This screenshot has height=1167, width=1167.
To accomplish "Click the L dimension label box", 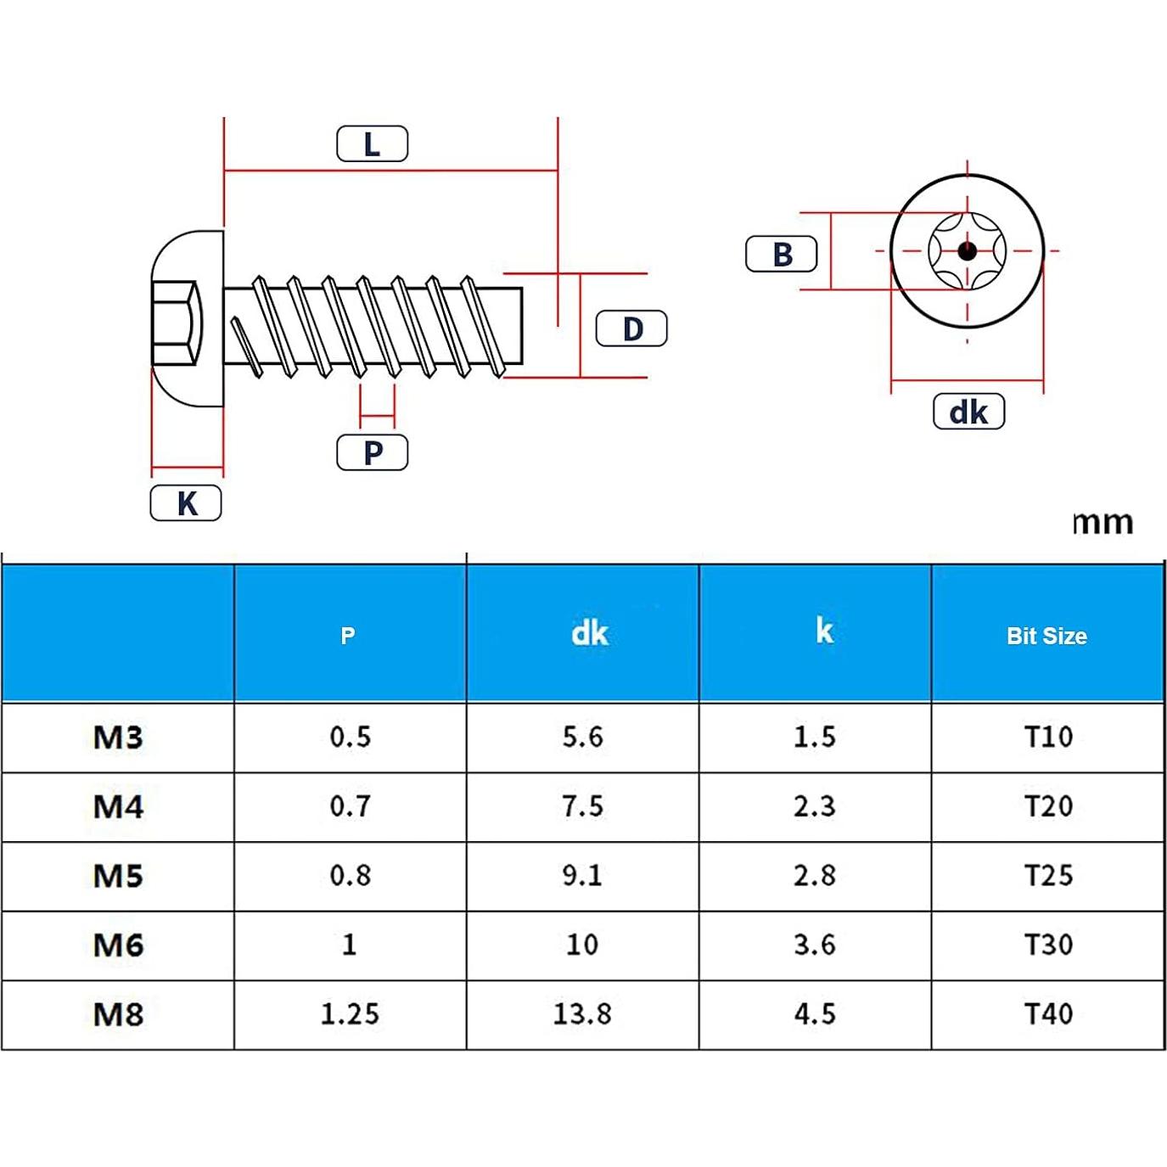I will coord(372,144).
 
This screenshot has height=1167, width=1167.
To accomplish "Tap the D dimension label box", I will coord(631,328).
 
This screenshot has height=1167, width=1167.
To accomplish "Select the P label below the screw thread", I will coord(372,452).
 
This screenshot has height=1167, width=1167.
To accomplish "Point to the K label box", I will coord(186,503).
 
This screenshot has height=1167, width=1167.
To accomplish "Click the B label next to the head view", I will coord(781,254).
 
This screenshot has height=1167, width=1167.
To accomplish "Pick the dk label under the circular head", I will coord(968,412).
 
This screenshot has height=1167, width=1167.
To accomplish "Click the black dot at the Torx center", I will coord(967,251).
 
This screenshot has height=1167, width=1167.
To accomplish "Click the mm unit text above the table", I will coord(1102,522).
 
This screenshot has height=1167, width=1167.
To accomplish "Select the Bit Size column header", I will coord(1046,636).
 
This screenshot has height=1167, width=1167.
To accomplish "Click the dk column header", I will coord(589,633).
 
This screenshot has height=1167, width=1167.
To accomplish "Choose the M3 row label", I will coord(118,737).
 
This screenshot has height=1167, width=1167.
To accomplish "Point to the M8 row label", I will coord(118,1014).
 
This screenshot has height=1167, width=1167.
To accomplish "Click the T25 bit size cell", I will coord(1048,875).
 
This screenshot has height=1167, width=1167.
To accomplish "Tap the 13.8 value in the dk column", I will coord(582,1013).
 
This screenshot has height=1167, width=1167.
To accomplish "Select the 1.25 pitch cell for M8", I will coord(350,1013).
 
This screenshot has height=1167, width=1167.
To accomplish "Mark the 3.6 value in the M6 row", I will coord(815,944).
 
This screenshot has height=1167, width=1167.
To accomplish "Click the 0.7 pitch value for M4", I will coord(350,805).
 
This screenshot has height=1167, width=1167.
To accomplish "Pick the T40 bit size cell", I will coord(1048,1013).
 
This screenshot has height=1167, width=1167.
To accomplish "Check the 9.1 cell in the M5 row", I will coord(582,875).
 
